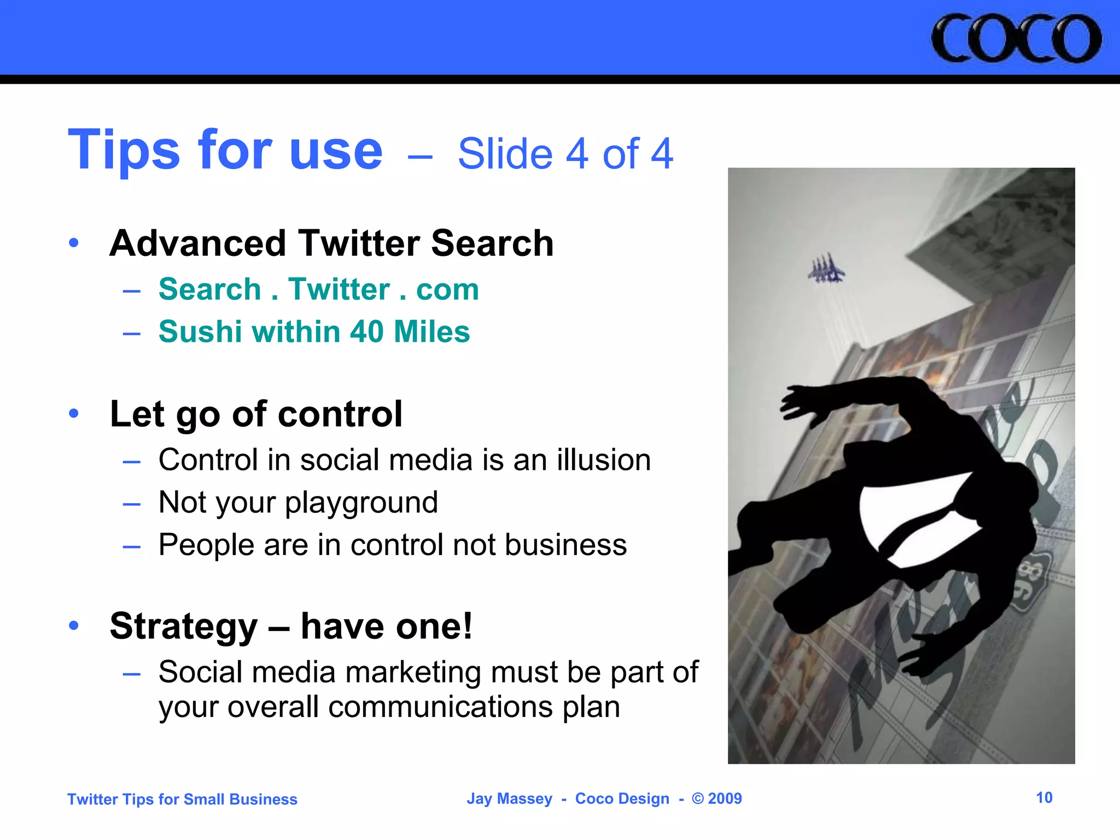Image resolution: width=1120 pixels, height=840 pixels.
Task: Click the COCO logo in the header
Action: [x=1016, y=38]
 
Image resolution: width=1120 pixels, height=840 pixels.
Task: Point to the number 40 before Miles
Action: [x=366, y=331]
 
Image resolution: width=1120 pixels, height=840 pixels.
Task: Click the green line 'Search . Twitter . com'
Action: [x=318, y=289]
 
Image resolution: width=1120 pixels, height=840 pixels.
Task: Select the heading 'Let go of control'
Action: [x=256, y=414]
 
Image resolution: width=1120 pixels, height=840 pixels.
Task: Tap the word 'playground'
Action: [x=361, y=502]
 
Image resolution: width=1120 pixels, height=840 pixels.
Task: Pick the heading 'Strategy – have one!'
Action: [x=291, y=626]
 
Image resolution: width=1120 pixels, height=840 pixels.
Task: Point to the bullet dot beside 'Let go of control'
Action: [x=74, y=414]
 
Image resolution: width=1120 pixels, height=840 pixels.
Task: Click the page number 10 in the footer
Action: [x=1044, y=798]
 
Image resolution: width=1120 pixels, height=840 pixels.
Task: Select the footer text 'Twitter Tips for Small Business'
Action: [x=182, y=800]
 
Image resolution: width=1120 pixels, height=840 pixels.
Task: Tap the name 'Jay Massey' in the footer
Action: [x=509, y=799]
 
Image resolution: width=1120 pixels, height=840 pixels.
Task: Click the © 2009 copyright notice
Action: [x=716, y=799]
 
